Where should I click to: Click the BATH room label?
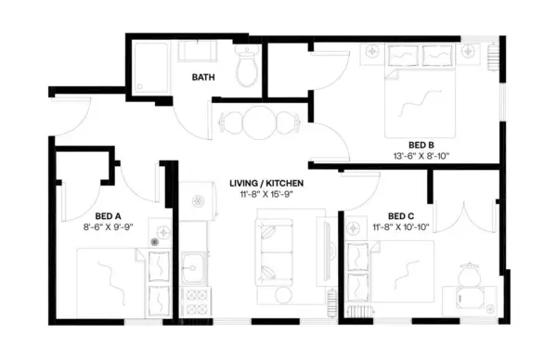pos(204,78)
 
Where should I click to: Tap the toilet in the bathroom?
pos(246,68)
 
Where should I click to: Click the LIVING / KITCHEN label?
pos(266,184)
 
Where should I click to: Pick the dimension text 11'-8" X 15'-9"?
pos(266,196)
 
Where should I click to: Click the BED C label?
pos(401,214)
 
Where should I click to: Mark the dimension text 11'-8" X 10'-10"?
pos(401,225)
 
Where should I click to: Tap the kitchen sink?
pos(193,271)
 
